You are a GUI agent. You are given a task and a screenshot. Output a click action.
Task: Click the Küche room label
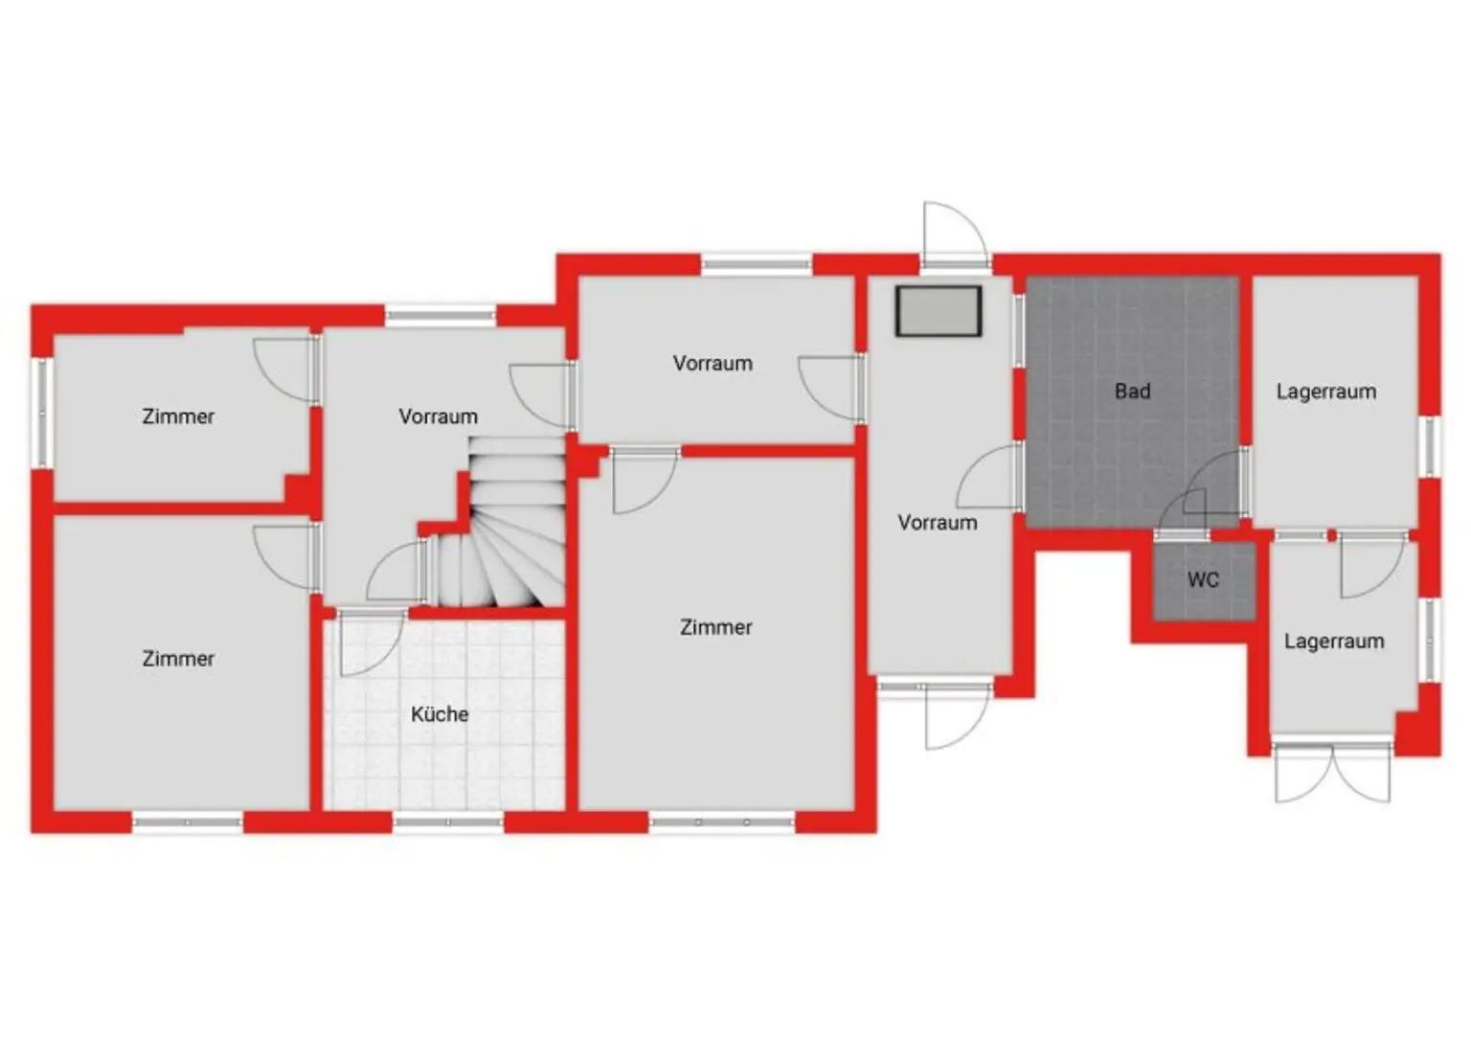pos(440,714)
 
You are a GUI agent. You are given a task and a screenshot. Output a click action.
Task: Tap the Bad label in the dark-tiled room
pos(1132,392)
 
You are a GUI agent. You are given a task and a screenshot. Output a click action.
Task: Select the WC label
pos(1203,579)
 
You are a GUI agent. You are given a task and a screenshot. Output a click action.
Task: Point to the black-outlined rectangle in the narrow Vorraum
pos(939,311)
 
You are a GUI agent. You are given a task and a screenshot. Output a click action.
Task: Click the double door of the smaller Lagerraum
pos(1332,771)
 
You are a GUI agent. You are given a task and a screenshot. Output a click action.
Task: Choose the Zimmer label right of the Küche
pos(715,627)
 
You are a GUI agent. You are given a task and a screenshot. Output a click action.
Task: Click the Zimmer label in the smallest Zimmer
pos(178,417)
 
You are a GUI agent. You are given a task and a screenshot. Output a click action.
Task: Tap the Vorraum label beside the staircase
pos(438,417)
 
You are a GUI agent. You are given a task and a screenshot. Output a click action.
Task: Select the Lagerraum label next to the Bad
pos(1325,392)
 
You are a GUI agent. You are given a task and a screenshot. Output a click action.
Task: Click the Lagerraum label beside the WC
pos(1334,642)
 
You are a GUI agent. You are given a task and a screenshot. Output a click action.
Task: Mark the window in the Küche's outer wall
pos(448,822)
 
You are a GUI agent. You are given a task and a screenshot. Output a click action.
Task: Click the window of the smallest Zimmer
pos(42,414)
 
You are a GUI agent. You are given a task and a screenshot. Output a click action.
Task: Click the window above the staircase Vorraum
pos(441,314)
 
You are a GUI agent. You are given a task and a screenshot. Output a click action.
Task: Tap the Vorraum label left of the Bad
pos(937,523)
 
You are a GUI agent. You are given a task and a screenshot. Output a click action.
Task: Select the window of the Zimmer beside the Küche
pos(722,822)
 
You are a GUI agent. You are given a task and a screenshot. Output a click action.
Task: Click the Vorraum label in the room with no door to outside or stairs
pos(712,364)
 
